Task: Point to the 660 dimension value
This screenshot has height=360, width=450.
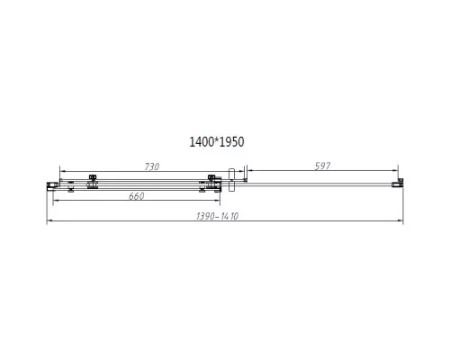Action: point(136,197)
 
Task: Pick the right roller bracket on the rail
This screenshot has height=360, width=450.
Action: point(211,183)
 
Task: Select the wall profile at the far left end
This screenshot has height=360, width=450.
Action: point(51,184)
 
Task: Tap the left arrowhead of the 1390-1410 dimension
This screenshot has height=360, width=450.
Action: point(49,220)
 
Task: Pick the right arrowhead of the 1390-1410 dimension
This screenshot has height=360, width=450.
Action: point(397,220)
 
